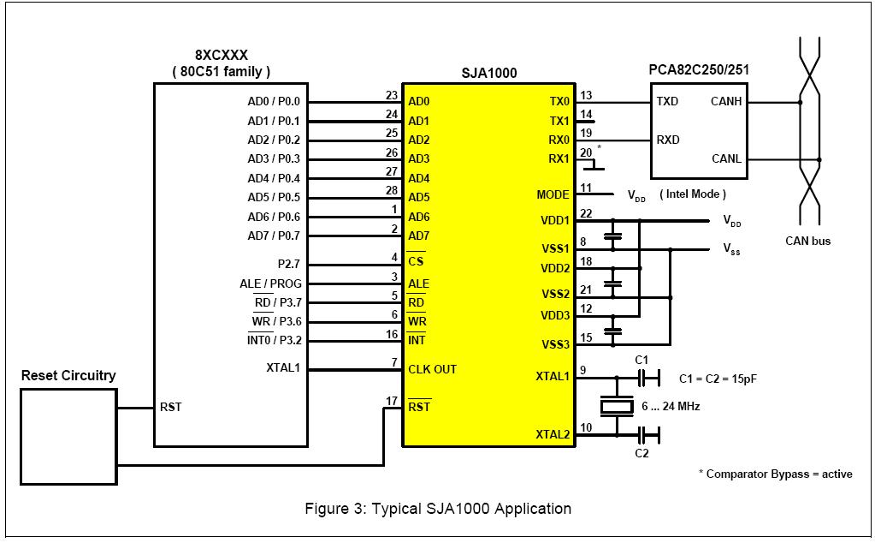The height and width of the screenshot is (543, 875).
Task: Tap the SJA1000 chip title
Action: (x=489, y=73)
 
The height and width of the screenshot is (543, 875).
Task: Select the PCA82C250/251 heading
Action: (x=699, y=70)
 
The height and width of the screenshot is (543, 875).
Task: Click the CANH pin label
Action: (x=726, y=101)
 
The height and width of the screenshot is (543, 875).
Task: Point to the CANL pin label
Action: (x=726, y=158)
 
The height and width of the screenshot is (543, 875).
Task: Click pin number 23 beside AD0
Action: (x=392, y=96)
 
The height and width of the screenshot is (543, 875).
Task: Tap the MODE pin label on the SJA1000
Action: (x=553, y=194)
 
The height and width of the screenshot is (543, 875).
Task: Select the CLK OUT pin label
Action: (x=433, y=369)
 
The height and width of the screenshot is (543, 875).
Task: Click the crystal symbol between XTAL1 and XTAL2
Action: (x=617, y=406)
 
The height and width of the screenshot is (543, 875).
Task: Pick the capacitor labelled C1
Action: (x=648, y=379)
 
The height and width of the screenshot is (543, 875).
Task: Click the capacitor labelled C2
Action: (x=648, y=434)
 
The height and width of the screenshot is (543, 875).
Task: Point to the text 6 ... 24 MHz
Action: (x=671, y=407)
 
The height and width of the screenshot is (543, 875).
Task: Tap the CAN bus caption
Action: (x=807, y=242)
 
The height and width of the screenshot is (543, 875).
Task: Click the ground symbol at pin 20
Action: (x=594, y=164)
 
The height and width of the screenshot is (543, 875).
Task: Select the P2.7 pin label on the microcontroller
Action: (x=289, y=264)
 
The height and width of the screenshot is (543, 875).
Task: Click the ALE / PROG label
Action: (x=270, y=283)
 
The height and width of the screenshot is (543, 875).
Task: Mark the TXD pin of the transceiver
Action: (x=667, y=101)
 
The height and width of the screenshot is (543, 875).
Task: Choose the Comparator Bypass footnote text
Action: (x=776, y=474)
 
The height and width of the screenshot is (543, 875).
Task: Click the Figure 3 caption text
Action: (x=438, y=509)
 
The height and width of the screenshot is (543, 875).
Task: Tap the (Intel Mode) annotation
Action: (x=693, y=194)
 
